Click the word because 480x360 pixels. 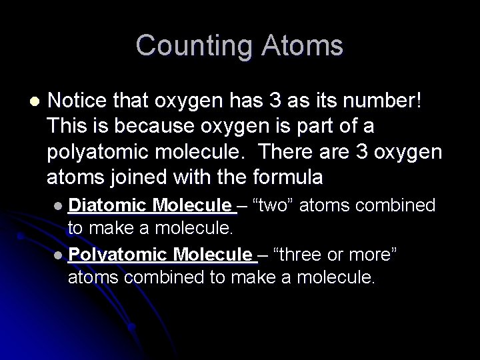click(147, 127)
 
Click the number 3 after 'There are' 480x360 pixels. click(373, 152)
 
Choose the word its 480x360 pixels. click(321, 101)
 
